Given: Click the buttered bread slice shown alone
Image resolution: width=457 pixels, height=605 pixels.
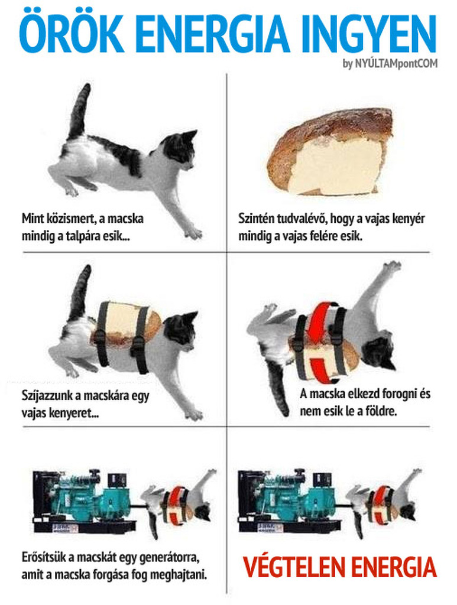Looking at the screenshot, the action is click(x=331, y=152).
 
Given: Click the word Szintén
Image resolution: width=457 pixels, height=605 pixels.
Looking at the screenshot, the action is click(x=255, y=219).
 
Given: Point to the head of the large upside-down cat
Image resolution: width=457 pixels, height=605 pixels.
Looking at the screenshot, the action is click(x=379, y=354).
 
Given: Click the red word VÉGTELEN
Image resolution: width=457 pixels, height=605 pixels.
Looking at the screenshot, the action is click(x=294, y=568).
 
